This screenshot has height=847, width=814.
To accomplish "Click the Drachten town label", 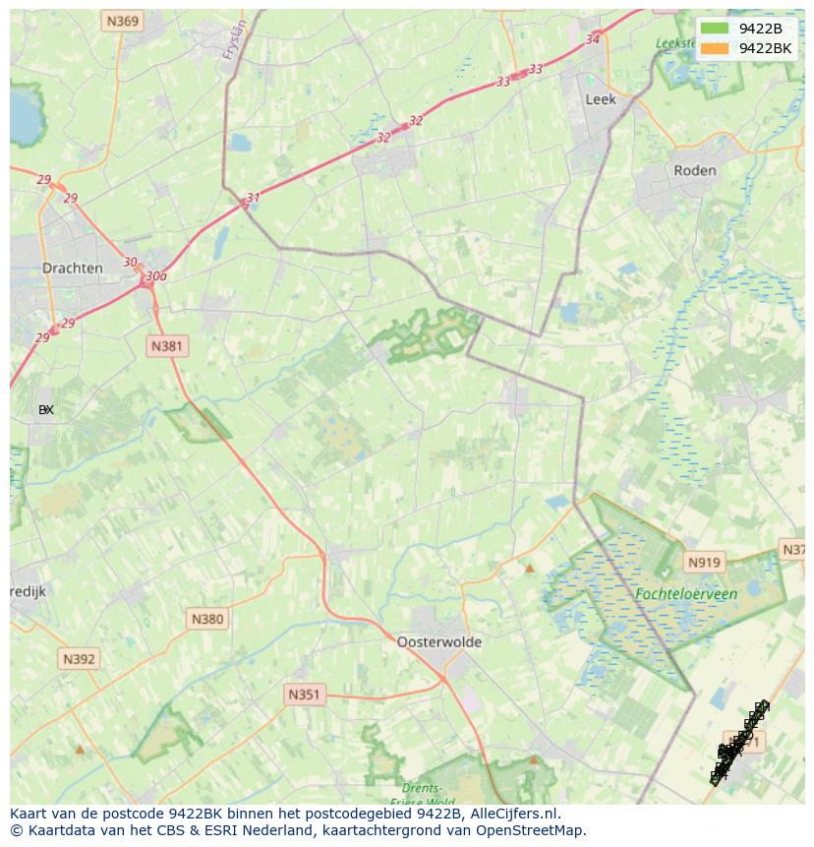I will tap(72, 268).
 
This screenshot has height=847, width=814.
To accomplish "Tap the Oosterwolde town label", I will tap(439, 641).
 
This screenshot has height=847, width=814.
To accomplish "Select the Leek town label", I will tap(600, 99).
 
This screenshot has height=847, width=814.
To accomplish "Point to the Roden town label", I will tap(694, 170).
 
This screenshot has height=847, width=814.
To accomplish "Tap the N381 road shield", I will tap(167, 346).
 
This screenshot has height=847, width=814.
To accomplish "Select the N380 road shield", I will tap(206, 619).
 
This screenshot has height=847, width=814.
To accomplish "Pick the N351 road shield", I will tap(304, 695).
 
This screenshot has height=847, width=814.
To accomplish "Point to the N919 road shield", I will tap(704, 563).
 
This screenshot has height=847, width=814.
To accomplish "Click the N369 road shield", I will tap(123, 21).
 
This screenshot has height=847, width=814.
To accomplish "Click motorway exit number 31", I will tap(254, 198).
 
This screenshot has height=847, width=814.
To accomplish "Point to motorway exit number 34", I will tap(592, 39).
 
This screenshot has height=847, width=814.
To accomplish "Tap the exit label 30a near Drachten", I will tap(155, 276).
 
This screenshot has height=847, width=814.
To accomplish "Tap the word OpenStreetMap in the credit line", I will tap(532, 830).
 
